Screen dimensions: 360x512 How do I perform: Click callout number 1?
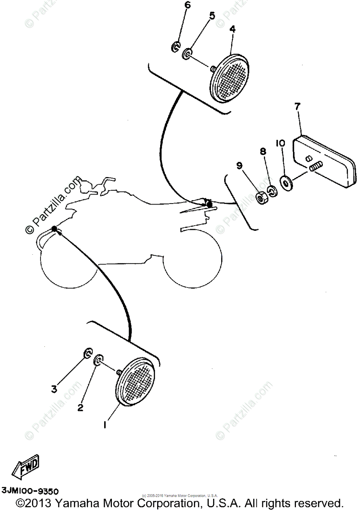point(104,425)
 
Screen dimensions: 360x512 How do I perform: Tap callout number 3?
point(54,389)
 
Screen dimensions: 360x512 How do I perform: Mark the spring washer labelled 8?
point(271,190)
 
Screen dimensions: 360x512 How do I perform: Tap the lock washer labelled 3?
point(87,353)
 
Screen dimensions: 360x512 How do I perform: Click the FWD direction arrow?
point(26,466)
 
